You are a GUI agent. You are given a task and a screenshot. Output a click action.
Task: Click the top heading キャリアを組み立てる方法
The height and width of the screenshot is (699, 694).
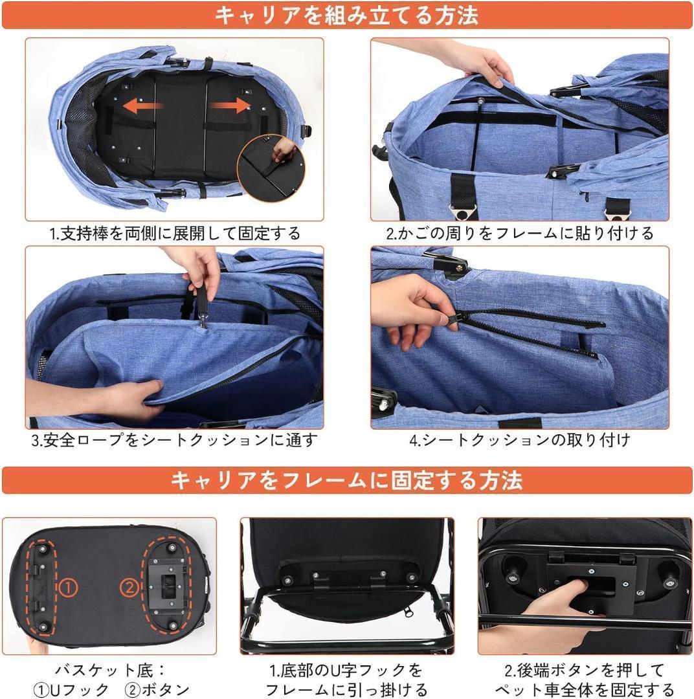[x=346, y=15]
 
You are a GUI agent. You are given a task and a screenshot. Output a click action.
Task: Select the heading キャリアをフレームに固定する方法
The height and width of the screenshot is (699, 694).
[x=346, y=480]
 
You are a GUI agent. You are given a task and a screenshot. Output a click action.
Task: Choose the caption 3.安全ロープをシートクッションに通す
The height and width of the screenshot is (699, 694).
[x=175, y=441]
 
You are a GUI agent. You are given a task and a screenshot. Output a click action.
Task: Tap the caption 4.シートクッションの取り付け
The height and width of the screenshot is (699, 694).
[x=520, y=441]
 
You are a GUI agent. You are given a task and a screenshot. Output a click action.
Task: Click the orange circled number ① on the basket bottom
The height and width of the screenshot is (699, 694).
[x=69, y=588]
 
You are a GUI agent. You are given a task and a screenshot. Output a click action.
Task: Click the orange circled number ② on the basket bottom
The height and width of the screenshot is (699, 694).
[x=129, y=588]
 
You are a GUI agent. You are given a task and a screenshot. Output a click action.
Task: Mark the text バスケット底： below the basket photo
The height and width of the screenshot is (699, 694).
[x=109, y=670]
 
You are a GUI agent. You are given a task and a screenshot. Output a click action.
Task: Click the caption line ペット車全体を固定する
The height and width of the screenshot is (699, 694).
[x=585, y=689]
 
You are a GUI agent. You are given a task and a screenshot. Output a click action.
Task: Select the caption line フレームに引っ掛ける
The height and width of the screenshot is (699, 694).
[x=346, y=689]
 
